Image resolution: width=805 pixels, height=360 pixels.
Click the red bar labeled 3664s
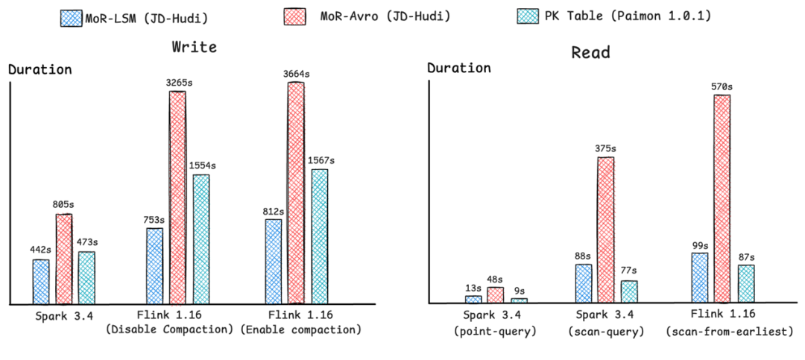coord(296,193)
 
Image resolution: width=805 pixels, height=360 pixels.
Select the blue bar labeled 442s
coord(41,282)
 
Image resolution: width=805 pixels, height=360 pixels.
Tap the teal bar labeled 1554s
coord(201,239)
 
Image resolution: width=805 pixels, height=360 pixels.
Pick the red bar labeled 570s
coord(722,200)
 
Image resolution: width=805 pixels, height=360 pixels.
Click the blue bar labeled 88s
coord(584,284)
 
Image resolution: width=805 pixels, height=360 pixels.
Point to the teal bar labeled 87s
coord(746,285)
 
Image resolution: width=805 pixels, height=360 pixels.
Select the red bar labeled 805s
coord(66,259)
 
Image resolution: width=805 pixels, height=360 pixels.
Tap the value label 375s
coord(605,149)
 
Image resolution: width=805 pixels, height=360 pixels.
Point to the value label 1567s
coord(321,161)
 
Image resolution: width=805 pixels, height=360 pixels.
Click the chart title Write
coord(194,47)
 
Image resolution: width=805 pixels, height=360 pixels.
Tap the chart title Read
coord(590,52)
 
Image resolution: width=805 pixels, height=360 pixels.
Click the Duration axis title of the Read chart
coord(458,69)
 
